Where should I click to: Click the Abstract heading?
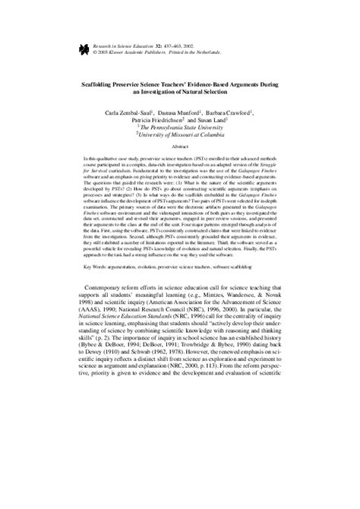coord(180,151)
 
